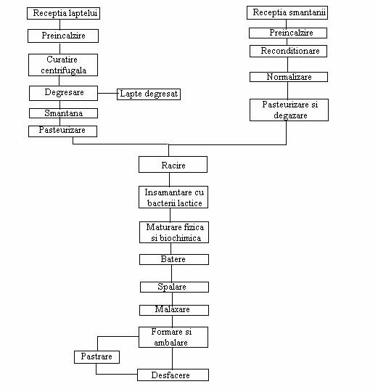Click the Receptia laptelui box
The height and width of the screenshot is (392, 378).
(x=63, y=13)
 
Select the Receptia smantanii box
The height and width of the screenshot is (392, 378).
(x=287, y=13)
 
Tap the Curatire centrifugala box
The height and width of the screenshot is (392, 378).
(x=63, y=65)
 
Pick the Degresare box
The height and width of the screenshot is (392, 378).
(x=63, y=93)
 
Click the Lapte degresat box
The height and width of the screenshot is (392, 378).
(x=149, y=94)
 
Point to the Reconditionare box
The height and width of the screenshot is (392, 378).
(x=288, y=52)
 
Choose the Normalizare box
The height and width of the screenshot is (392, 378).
(x=289, y=77)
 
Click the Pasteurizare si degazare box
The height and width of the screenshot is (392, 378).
(x=289, y=110)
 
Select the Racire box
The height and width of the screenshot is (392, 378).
(x=173, y=165)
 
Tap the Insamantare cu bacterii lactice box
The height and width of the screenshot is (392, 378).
(x=173, y=197)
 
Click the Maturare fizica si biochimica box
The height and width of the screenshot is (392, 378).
(x=174, y=232)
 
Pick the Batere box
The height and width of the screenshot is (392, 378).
(x=174, y=259)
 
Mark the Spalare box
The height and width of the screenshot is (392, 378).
(x=174, y=287)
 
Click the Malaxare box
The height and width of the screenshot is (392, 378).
(x=174, y=310)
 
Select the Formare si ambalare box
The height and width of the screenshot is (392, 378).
(x=173, y=338)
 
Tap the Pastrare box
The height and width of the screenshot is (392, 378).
(x=96, y=357)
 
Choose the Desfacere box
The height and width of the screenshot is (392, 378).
(x=173, y=375)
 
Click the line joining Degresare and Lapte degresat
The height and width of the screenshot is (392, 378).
(x=107, y=93)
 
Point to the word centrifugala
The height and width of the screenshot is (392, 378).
(x=64, y=70)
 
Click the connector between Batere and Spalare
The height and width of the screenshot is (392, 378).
(x=172, y=274)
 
